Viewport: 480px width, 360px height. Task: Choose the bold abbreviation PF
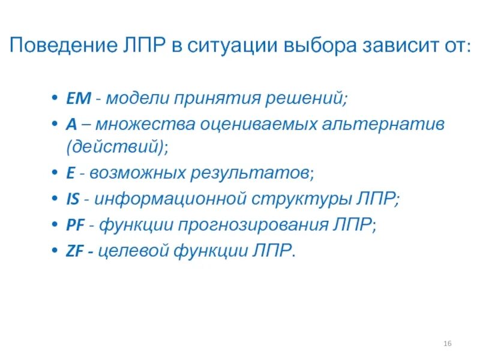click(74, 225)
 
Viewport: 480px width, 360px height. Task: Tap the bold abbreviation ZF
click(74, 251)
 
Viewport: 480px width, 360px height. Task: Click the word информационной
click(172, 197)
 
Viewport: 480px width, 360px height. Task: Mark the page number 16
click(447, 343)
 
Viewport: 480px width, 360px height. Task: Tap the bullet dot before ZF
click(55, 252)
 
